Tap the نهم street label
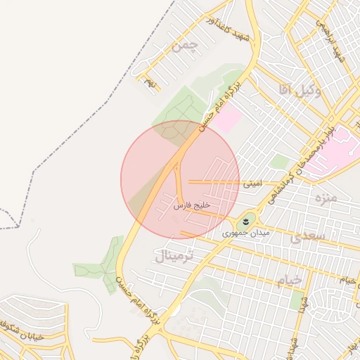(x=148, y=83)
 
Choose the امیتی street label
(x=252, y=185)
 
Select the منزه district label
(x=326, y=198)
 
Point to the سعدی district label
(x=307, y=237)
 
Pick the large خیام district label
(x=288, y=281)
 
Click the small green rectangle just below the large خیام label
(x=297, y=301)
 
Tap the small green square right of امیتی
(x=280, y=162)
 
